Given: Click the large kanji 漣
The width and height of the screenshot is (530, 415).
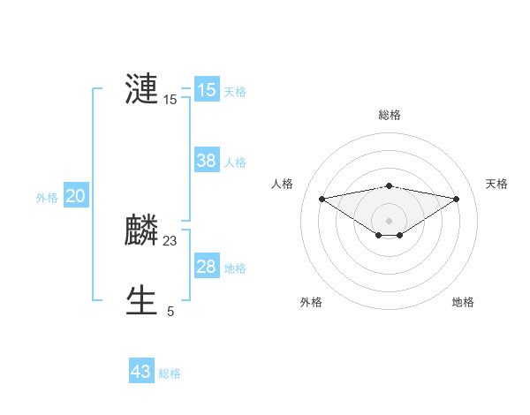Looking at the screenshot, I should [x=142, y=90].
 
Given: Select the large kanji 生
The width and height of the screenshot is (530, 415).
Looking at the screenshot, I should [x=142, y=301].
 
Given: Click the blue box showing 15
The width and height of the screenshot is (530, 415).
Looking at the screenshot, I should [x=207, y=90].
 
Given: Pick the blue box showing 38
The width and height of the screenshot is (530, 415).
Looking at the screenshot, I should [x=207, y=161].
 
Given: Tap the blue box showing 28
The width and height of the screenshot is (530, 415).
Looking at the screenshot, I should [x=207, y=267].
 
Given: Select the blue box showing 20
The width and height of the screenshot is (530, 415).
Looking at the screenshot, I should [x=75, y=196].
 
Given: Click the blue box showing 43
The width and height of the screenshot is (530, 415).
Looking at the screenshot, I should [x=141, y=372].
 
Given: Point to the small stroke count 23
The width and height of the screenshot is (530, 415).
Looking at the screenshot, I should [x=170, y=241].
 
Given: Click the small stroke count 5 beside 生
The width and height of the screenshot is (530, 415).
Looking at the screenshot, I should [x=170, y=312].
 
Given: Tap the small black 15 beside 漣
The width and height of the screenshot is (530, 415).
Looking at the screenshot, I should [x=170, y=101].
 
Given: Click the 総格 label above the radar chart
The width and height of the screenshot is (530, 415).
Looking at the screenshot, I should [x=390, y=115].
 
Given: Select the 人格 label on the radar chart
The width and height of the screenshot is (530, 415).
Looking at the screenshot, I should [x=283, y=184].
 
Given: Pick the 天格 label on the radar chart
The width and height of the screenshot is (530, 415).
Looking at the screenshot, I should [x=497, y=184].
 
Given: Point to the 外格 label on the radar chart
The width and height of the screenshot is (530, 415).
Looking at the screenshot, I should [x=311, y=302].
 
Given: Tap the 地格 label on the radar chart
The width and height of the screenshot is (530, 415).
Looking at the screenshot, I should [x=464, y=302].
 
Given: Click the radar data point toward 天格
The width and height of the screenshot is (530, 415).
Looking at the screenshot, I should [x=457, y=199].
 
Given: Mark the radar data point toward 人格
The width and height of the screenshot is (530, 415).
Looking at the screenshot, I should [x=322, y=199].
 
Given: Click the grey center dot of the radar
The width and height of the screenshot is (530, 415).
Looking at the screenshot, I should [x=390, y=220].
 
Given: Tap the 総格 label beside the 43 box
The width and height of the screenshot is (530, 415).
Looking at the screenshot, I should [x=170, y=373].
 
